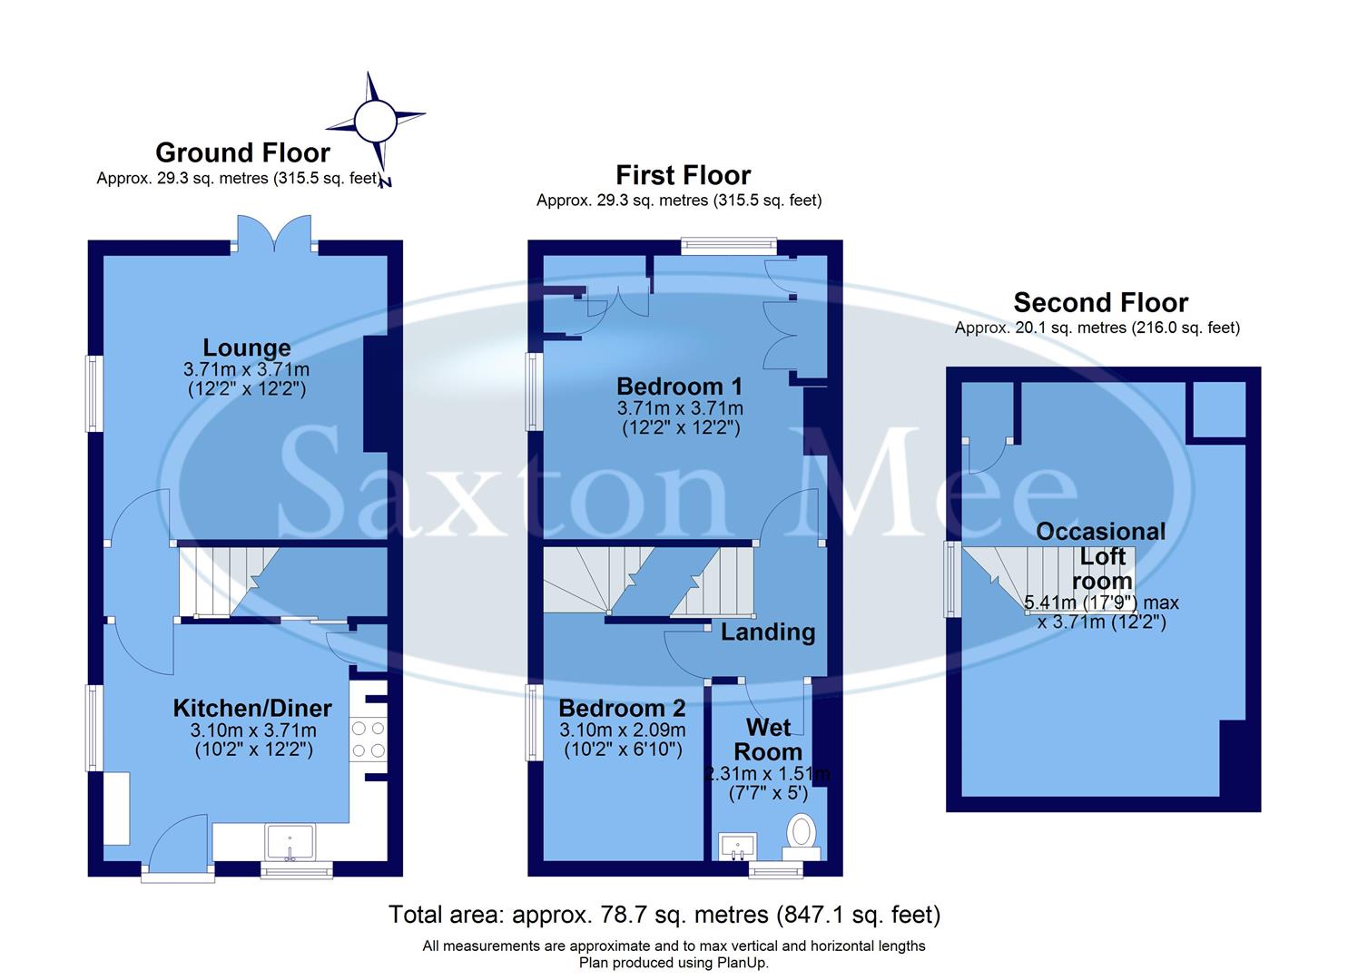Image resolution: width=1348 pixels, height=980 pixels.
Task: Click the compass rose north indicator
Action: tap(375, 122)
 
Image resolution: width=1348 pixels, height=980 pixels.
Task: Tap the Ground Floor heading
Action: tap(242, 152)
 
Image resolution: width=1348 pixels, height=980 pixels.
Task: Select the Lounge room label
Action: tap(246, 348)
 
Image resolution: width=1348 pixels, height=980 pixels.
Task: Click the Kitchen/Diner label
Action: tap(252, 708)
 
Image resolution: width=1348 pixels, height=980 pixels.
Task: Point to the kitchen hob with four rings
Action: tap(369, 739)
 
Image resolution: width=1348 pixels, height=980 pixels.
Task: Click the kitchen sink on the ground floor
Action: tap(290, 842)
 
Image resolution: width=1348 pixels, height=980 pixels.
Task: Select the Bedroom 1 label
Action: tap(679, 386)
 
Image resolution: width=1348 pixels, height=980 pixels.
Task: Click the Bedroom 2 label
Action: tap(622, 708)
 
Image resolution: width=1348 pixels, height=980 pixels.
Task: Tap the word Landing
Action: tap(768, 632)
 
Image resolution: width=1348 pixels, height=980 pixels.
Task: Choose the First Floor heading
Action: tap(683, 175)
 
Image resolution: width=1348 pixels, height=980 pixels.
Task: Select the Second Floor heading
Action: tap(1100, 302)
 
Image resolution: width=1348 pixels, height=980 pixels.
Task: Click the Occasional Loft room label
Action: tap(1101, 555)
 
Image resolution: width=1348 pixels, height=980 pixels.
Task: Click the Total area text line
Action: tap(664, 915)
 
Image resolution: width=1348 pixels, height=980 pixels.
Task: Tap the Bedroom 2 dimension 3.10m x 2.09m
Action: tap(622, 730)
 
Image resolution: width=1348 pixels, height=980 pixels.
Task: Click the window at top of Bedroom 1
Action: tap(729, 243)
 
